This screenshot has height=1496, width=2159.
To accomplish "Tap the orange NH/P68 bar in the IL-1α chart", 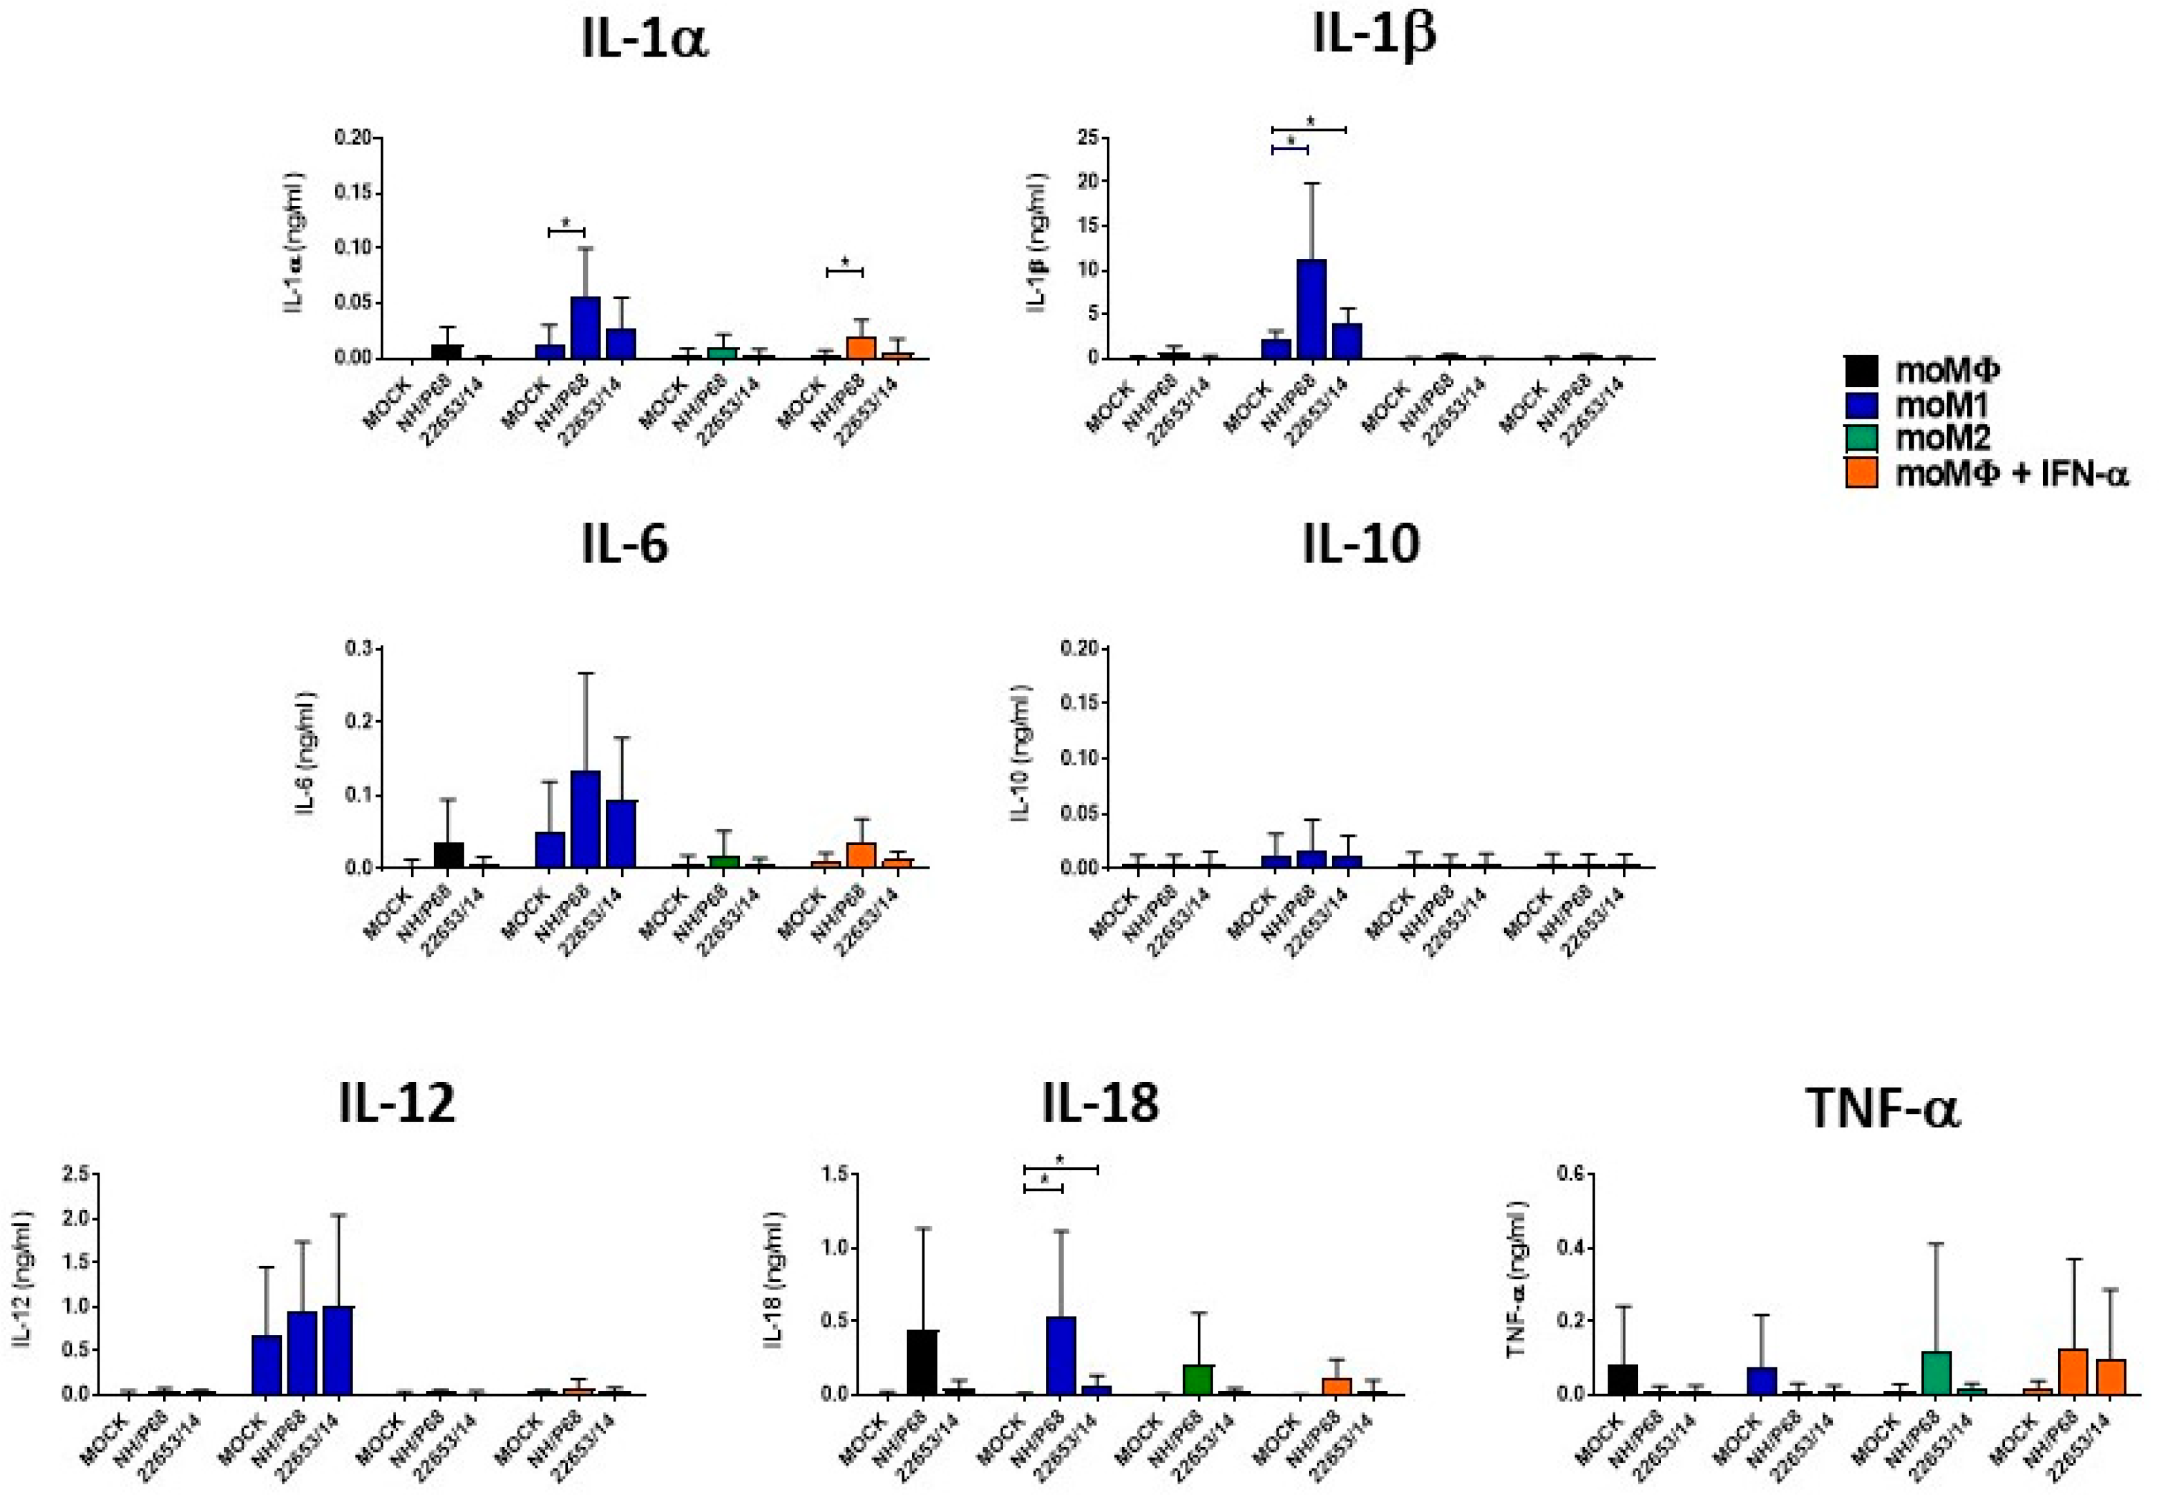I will (860, 347).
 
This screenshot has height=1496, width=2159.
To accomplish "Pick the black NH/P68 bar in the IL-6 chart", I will (449, 855).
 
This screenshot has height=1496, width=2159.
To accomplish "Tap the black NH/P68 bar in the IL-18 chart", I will (922, 1361).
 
